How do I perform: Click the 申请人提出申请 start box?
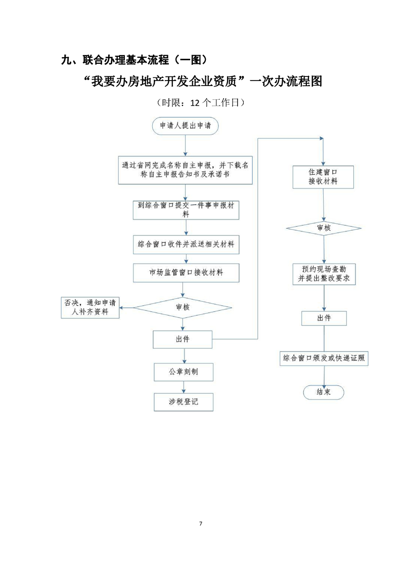(185, 126)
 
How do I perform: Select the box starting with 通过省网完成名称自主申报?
(185, 170)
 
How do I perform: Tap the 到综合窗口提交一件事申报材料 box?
(185, 210)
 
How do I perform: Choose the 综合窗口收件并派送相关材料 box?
(185, 245)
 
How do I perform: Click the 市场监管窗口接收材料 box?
(185, 272)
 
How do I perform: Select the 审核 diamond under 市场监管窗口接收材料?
(183, 307)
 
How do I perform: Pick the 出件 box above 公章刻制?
(183, 339)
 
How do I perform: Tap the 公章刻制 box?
(183, 372)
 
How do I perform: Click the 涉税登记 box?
(183, 402)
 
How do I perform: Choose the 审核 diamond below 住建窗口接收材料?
(324, 228)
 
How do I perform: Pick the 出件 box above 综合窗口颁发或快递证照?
(324, 318)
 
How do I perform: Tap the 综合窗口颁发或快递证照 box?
(324, 358)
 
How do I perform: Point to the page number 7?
(200, 523)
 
